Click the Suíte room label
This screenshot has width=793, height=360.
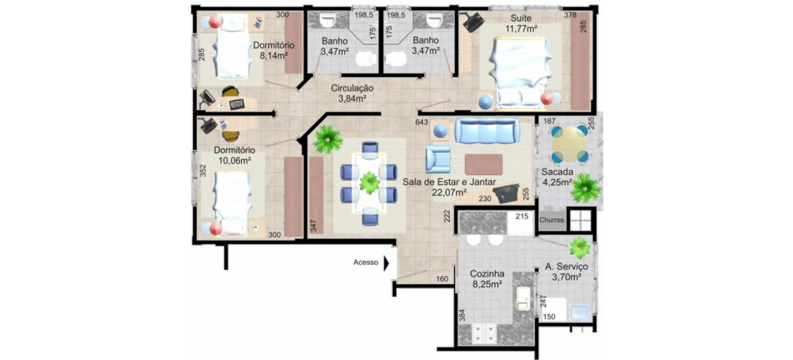click(520, 19)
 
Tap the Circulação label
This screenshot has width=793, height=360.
click(352, 88)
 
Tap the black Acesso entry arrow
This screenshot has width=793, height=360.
click(387, 263)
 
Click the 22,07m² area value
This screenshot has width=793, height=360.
click(448, 192)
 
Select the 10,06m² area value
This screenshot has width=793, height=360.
click(234, 161)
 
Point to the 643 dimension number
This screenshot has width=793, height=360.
click(422, 123)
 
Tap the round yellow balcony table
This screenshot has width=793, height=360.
click(570, 143)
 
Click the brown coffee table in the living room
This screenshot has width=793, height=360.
click(484, 164)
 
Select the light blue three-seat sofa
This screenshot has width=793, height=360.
click(487, 131)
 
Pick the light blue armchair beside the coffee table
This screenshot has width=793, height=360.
click(438, 159)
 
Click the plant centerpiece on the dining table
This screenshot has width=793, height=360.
click(369, 182)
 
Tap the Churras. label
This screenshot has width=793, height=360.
click(552, 220)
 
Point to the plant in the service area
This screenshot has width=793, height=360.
click(579, 248)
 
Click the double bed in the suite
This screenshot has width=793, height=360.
click(520, 72)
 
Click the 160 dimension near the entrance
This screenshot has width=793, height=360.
click(442, 279)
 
